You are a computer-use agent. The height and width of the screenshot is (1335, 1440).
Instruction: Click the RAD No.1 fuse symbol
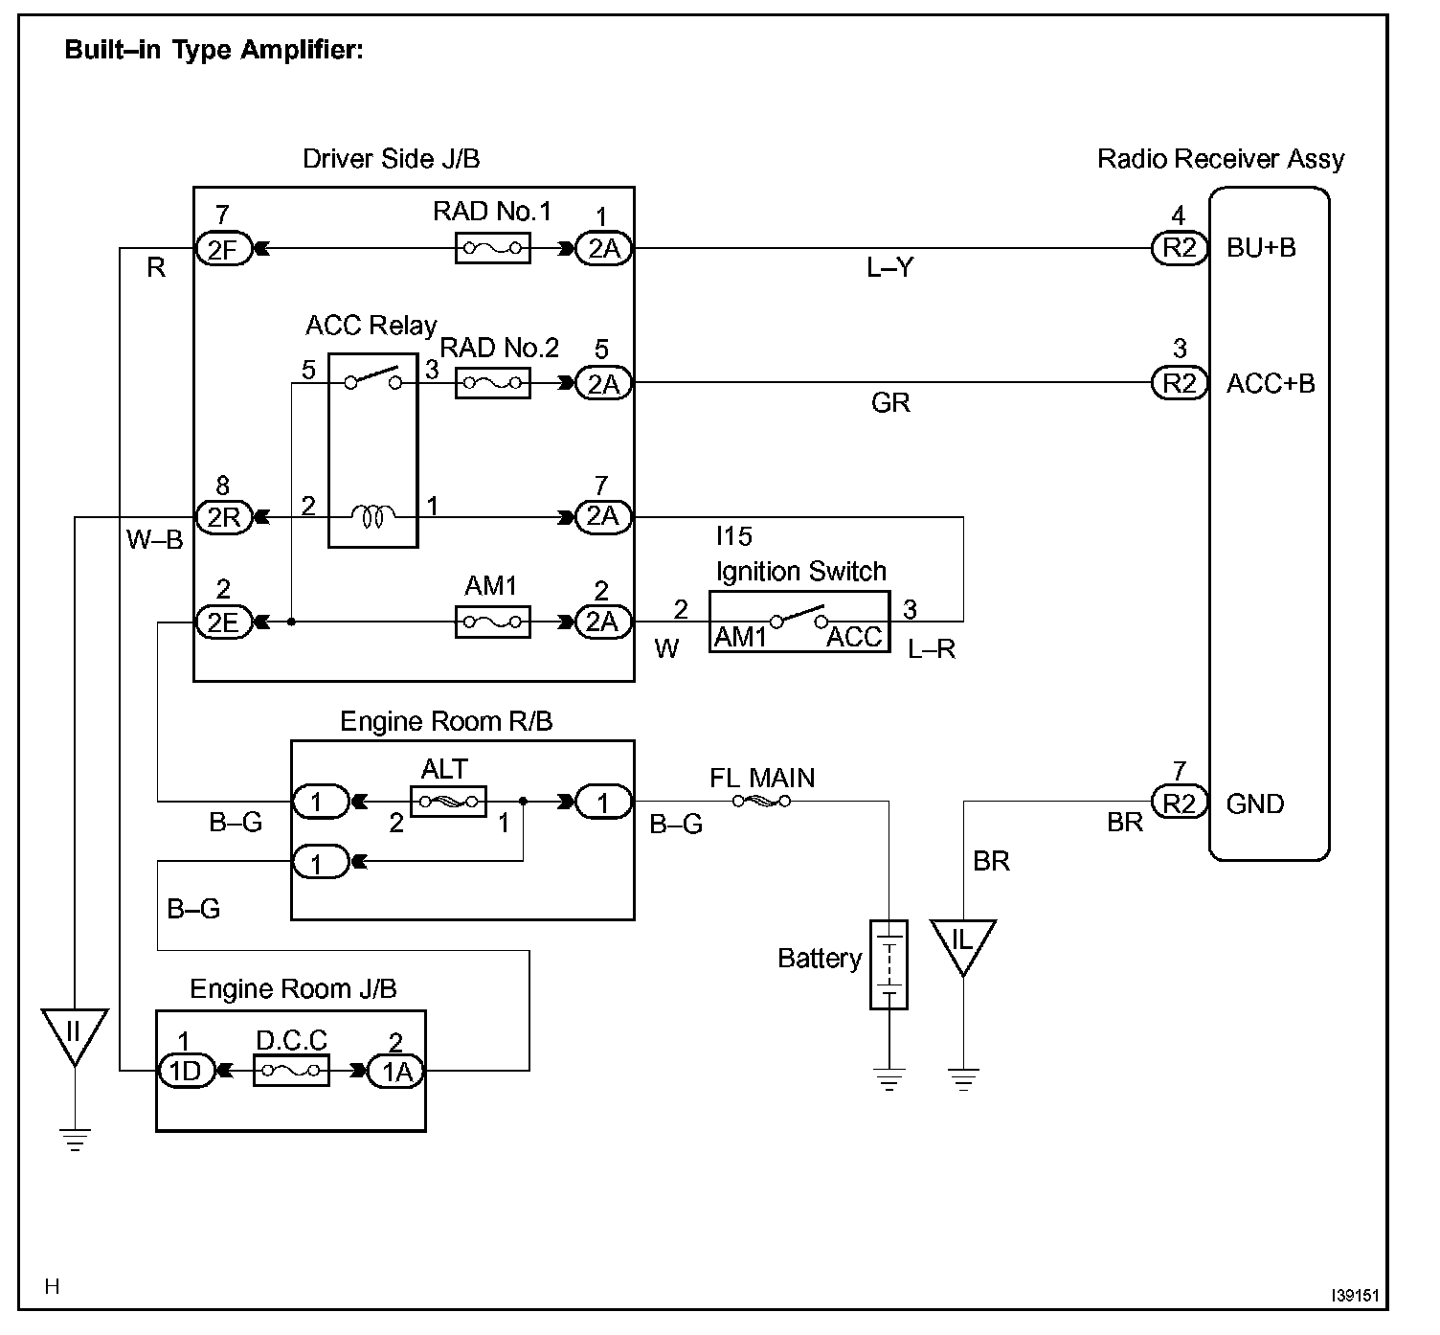coord(492,248)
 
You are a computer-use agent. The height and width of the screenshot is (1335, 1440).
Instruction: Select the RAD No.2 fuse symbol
coord(492,382)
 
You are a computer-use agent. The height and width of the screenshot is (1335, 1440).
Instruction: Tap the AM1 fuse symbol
coord(492,622)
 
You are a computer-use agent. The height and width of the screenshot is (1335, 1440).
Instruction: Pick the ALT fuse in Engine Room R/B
coord(448,802)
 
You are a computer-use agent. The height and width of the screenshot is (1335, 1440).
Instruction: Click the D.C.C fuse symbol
coord(291,1070)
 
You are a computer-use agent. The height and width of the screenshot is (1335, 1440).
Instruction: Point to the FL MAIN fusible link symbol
coord(761,801)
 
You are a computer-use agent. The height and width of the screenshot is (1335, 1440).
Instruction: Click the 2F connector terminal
coord(224,249)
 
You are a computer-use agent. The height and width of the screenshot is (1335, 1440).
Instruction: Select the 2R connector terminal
coord(224,517)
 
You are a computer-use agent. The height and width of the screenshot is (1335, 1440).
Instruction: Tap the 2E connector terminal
coord(224,622)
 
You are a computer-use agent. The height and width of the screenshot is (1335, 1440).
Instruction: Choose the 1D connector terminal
coord(187,1071)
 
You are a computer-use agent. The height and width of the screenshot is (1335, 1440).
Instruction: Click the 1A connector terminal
coord(395,1071)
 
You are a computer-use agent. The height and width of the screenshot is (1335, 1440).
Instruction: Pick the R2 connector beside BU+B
coord(1180,248)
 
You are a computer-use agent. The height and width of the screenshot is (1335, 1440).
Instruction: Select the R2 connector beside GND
coord(1180,803)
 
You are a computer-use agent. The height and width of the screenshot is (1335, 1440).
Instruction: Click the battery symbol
coord(889,964)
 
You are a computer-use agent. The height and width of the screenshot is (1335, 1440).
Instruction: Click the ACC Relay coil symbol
coord(372,516)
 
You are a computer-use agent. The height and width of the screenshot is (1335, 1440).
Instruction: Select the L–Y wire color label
coord(889,268)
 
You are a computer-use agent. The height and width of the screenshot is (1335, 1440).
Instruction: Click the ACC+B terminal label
coord(1271,383)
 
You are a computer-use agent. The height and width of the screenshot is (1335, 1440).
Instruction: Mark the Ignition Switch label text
coord(801,572)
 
